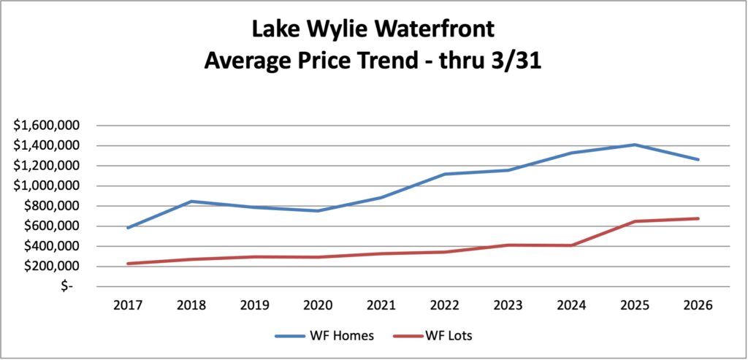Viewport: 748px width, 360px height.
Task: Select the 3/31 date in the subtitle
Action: [x=514, y=61]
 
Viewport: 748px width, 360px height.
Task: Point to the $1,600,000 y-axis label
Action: [x=50, y=126]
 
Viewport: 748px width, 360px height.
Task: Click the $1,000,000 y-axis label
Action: [x=50, y=185]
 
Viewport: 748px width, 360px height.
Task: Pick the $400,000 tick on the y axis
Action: [x=54, y=246]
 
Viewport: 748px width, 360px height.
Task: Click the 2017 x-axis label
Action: [x=128, y=305]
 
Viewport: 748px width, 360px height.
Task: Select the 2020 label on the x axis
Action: [x=318, y=305]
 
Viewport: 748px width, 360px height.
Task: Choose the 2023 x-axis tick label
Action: [x=508, y=305]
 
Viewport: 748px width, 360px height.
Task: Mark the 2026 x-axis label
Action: [x=698, y=305]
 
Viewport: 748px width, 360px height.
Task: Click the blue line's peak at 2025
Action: [x=636, y=145]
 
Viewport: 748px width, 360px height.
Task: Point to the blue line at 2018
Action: [x=191, y=202]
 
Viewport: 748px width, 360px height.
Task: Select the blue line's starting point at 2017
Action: [x=128, y=228]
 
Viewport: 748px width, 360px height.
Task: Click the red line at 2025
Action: [x=636, y=221]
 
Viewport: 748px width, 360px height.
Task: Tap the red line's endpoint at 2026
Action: [x=698, y=218]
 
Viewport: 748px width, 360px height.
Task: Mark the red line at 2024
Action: [x=572, y=245]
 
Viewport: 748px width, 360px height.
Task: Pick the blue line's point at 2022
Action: [x=445, y=175]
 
